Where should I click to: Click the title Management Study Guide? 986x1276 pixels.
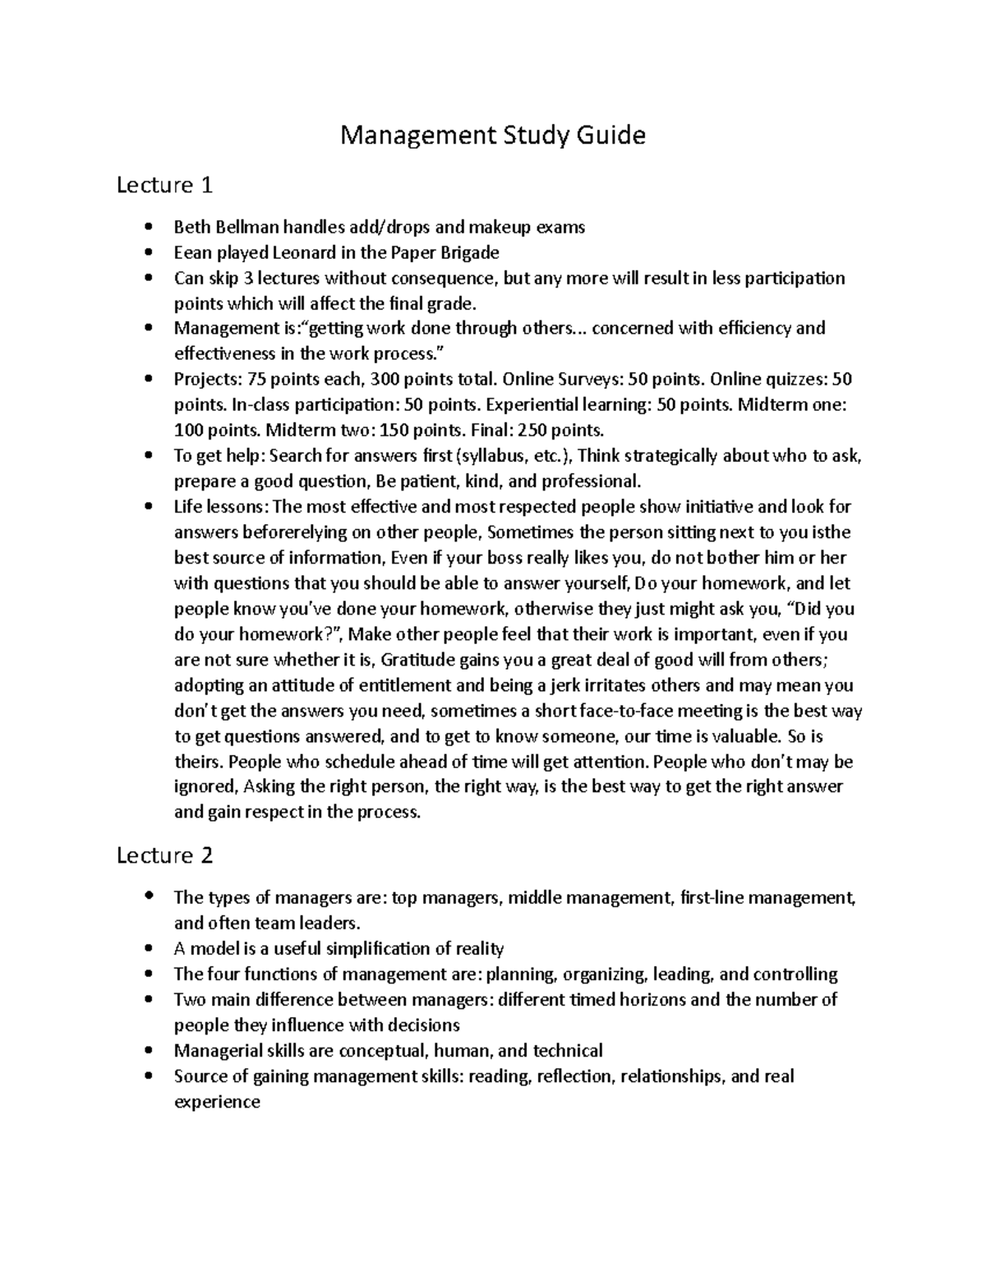coord(493,135)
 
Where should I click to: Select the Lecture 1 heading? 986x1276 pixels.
coord(164,186)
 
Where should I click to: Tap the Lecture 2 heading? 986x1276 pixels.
coord(164,856)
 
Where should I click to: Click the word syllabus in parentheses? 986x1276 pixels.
coord(491,456)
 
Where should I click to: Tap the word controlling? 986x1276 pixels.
coord(795,974)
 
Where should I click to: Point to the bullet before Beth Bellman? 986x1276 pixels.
coord(148,227)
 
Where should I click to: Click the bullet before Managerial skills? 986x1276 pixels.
coord(148,1051)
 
